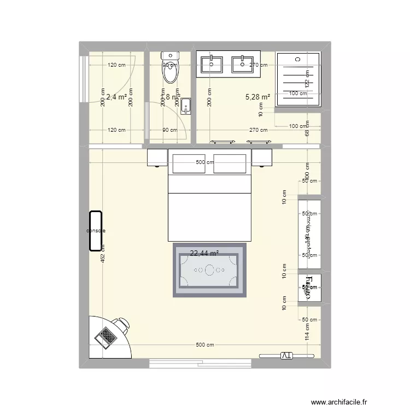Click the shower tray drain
(x=297, y=58)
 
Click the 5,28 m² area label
(x=258, y=97)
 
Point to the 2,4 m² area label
(x=116, y=97)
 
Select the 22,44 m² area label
(x=204, y=253)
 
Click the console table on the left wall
(x=96, y=231)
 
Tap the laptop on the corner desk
(x=106, y=336)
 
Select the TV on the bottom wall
(x=287, y=356)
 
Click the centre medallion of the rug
(x=210, y=270)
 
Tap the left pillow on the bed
(x=189, y=163)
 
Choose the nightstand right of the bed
(x=262, y=158)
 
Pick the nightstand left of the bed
(x=157, y=158)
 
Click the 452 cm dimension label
(x=103, y=257)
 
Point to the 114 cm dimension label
(x=307, y=332)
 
